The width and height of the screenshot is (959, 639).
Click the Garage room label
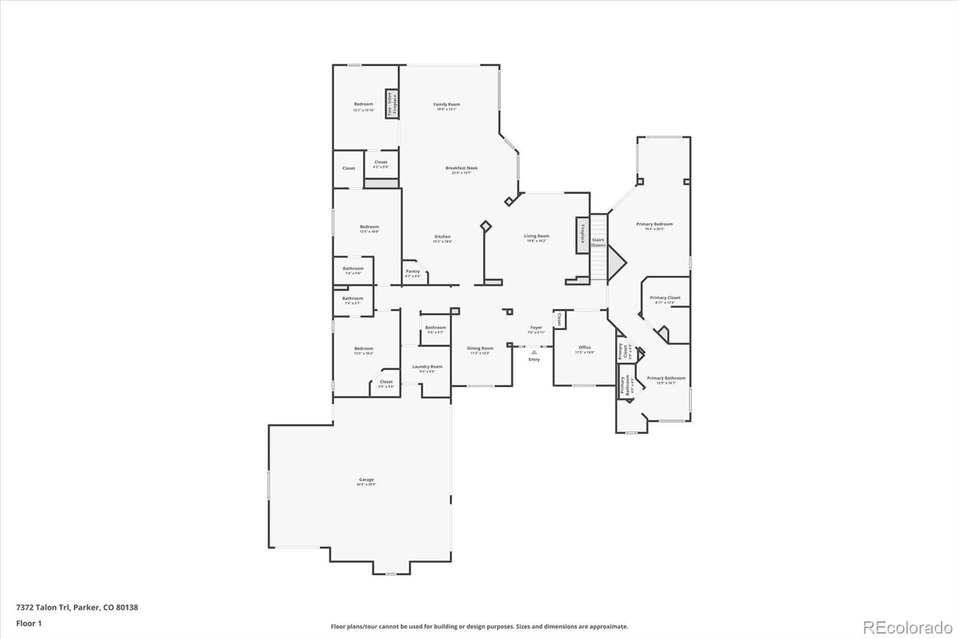[366, 480]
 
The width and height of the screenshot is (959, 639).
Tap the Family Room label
[447, 105]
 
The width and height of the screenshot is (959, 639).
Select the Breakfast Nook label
[462, 168]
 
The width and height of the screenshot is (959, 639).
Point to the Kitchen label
[442, 237]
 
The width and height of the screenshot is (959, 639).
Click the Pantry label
[413, 272]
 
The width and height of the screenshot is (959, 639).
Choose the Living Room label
[536, 236]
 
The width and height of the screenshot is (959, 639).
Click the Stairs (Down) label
[598, 242]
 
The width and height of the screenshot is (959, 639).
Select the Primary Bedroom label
[655, 224]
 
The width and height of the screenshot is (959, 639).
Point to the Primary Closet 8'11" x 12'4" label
[665, 298]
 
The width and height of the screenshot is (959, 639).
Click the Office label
[585, 348]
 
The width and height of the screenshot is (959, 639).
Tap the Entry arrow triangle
[534, 352]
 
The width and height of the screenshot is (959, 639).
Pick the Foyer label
[536, 328]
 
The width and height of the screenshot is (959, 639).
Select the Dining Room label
[480, 348]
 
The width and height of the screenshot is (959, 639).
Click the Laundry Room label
[427, 367]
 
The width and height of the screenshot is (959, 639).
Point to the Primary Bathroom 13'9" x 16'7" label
[666, 378]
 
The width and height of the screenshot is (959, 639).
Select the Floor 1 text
[29, 623]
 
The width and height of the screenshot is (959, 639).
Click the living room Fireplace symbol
[582, 234]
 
